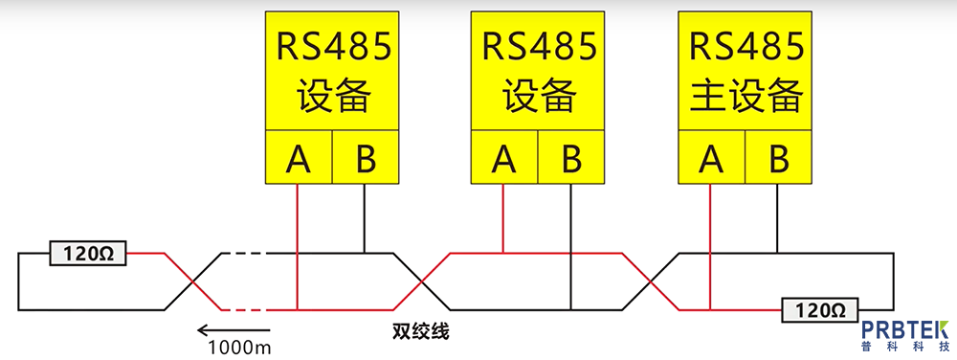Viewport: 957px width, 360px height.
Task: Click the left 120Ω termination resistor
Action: click(x=87, y=254)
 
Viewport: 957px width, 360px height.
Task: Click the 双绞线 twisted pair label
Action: click(x=420, y=332)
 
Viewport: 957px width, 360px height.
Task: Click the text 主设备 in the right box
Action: click(x=745, y=96)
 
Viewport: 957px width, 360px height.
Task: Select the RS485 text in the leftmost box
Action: click(x=332, y=47)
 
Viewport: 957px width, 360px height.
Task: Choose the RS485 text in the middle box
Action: click(x=538, y=47)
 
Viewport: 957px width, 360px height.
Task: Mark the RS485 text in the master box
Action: click(x=745, y=47)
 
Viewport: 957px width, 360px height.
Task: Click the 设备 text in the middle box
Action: click(x=538, y=96)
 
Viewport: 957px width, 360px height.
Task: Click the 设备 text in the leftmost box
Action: click(x=332, y=96)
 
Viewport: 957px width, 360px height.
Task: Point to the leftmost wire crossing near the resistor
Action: click(x=194, y=281)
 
